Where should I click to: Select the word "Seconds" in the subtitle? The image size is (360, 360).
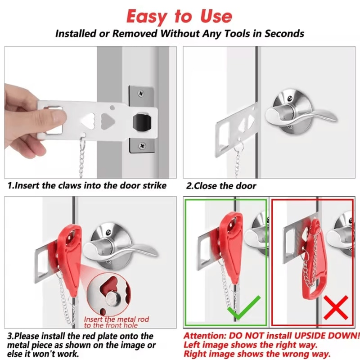[283, 34]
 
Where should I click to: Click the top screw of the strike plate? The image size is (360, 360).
[142, 93]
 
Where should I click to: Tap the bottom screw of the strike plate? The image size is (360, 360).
[142, 145]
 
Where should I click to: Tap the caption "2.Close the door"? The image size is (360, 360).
[222, 185]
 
